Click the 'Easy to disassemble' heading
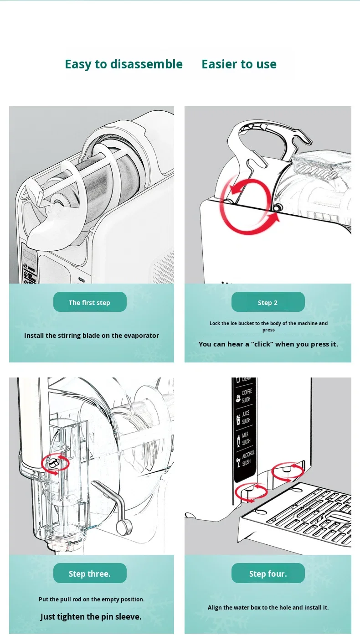(x=123, y=64)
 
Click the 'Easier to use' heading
(x=239, y=64)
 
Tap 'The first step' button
(x=90, y=301)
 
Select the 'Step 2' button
(x=268, y=301)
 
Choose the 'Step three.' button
(x=90, y=573)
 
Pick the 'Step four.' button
(x=268, y=573)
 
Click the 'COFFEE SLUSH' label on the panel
(x=246, y=396)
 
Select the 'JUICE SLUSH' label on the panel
(x=246, y=417)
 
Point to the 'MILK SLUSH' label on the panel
(x=246, y=438)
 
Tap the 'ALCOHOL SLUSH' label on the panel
(x=247, y=458)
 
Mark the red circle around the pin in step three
(x=41, y=463)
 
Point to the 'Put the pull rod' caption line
(x=92, y=599)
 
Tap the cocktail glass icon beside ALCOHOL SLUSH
(x=238, y=462)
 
